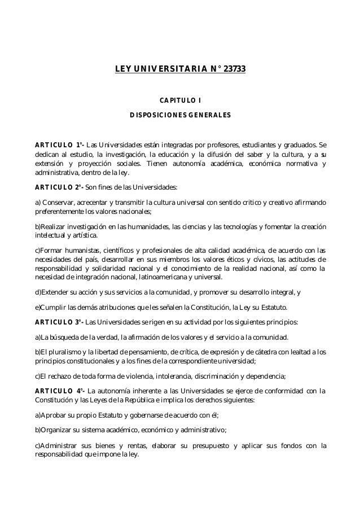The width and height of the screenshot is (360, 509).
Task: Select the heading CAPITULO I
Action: pyautogui.click(x=180, y=102)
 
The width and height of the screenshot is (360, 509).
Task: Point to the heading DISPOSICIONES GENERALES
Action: pyautogui.click(x=180, y=116)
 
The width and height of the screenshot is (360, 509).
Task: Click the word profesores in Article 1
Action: pyautogui.click(x=213, y=141)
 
